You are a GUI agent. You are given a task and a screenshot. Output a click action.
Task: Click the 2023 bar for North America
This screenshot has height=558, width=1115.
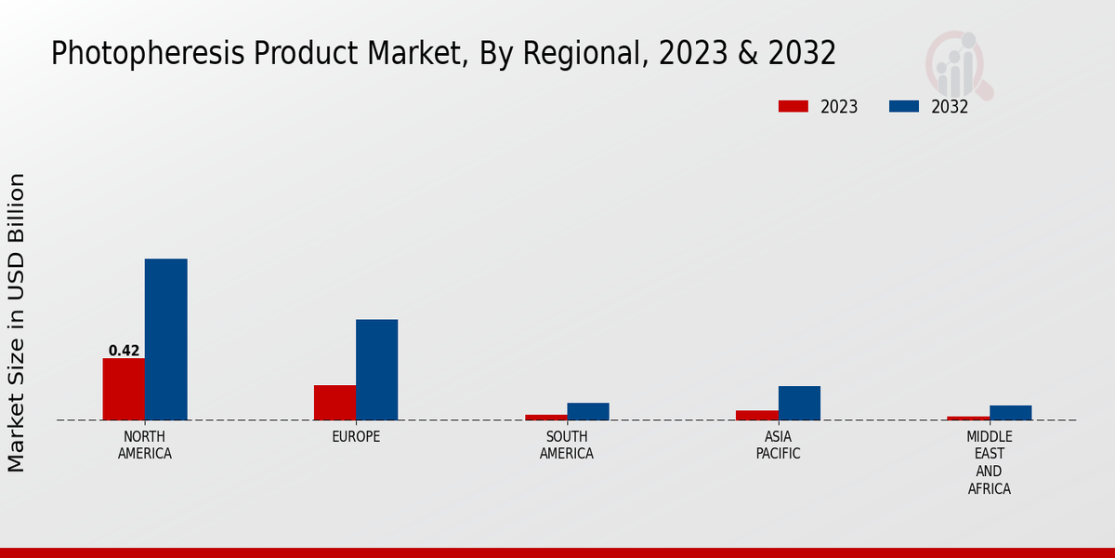[124, 389]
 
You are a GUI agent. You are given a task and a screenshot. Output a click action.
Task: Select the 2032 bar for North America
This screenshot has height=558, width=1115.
[165, 339]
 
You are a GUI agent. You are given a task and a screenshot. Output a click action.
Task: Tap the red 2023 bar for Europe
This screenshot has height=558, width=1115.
[334, 403]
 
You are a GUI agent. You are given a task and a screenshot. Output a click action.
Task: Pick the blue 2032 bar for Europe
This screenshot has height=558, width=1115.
[376, 370]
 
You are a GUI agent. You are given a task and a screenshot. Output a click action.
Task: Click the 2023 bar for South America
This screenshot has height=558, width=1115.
[546, 418]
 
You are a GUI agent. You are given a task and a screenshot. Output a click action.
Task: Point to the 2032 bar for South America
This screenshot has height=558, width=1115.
[588, 411]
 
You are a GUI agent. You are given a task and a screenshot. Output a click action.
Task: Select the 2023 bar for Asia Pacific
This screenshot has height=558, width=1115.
[757, 415]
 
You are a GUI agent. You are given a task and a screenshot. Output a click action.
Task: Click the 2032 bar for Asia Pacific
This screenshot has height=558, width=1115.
[799, 403]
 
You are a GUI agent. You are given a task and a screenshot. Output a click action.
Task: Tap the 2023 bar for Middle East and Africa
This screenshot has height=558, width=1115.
[968, 418]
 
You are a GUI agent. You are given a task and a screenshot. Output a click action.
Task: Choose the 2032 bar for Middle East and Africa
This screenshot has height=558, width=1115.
[1010, 413]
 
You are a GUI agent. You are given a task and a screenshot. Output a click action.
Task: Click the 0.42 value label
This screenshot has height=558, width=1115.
[124, 351]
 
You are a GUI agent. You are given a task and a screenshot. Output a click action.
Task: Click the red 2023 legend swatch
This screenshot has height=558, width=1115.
[793, 106]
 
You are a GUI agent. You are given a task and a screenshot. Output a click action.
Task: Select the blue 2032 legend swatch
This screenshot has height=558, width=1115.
[904, 106]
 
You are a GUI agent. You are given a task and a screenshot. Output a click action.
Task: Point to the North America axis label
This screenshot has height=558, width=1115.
[145, 445]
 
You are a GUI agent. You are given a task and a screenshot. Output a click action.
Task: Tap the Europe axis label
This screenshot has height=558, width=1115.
[356, 437]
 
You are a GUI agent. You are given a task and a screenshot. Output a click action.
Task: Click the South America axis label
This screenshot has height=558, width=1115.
[567, 445]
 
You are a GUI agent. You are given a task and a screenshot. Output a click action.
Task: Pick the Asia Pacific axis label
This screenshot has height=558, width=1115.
[778, 445]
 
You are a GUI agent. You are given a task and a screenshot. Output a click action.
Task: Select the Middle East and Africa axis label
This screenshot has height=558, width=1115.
[990, 462]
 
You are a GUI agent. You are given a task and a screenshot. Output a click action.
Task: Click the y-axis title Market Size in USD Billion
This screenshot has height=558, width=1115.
[17, 322]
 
